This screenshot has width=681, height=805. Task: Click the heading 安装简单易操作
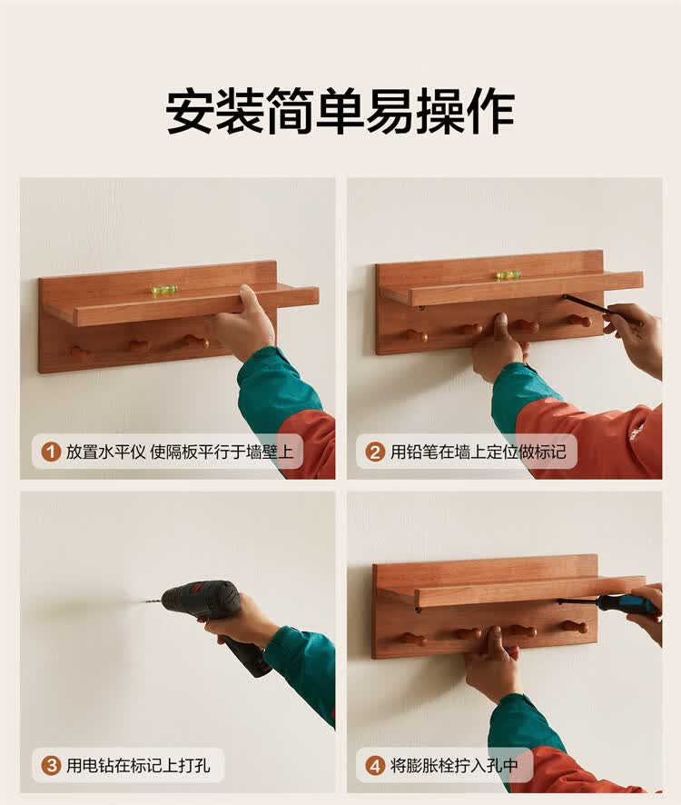[x=340, y=112]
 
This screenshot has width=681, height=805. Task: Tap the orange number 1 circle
[x=51, y=452]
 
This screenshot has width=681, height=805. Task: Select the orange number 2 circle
[x=375, y=452]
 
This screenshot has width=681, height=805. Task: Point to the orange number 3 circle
[x=51, y=765]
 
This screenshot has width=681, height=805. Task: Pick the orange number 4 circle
[x=375, y=765]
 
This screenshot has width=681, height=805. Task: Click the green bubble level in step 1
[x=164, y=290]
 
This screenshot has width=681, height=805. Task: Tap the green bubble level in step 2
[x=508, y=275]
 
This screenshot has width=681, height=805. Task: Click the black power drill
[x=215, y=621]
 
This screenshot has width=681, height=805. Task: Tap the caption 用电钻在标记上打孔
[x=138, y=765]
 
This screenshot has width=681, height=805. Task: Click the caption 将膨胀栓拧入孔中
[x=454, y=765]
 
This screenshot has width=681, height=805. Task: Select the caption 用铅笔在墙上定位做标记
[x=479, y=452]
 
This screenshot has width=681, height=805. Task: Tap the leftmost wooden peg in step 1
[x=80, y=353]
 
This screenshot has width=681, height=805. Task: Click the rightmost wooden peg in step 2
[x=579, y=321]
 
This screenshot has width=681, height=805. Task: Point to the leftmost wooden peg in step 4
[x=414, y=639]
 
